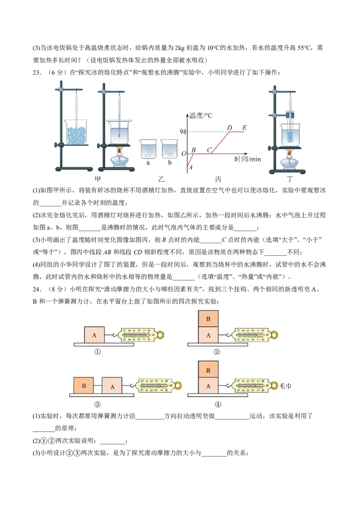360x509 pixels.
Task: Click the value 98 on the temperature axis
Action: coord(183,131)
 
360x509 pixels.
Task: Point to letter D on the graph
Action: coord(229,128)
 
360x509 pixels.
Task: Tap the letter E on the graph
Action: coord(244,128)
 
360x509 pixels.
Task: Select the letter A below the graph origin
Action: coord(191,168)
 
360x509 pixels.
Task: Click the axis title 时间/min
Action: coord(247,159)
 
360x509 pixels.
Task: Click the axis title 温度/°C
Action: coord(200,116)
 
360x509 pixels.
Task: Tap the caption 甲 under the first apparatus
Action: coord(98,179)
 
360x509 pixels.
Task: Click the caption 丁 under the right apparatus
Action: coord(290,179)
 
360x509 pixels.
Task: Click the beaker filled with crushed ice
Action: coord(76,132)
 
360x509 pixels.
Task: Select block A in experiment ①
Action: coord(94,335)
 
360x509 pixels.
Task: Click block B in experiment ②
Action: coord(208,318)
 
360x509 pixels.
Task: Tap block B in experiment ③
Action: coord(84,386)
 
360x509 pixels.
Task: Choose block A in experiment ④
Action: coord(208,386)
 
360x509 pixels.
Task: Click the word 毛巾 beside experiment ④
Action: coord(285,386)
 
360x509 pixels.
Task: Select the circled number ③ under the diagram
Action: coord(97,404)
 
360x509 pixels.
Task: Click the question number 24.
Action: coord(37,289)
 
